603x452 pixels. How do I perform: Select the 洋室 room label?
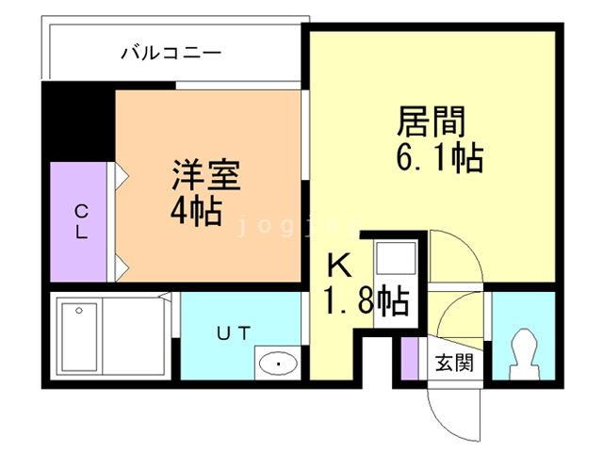tap(205, 175)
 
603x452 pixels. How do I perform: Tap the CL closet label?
tap(82, 222)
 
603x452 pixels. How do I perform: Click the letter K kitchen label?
tap(339, 266)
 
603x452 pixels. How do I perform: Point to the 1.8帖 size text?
tap(366, 301)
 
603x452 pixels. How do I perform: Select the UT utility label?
tap(235, 332)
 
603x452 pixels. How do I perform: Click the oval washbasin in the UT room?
tap(277, 362)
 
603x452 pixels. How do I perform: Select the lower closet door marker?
tap(121, 266)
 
